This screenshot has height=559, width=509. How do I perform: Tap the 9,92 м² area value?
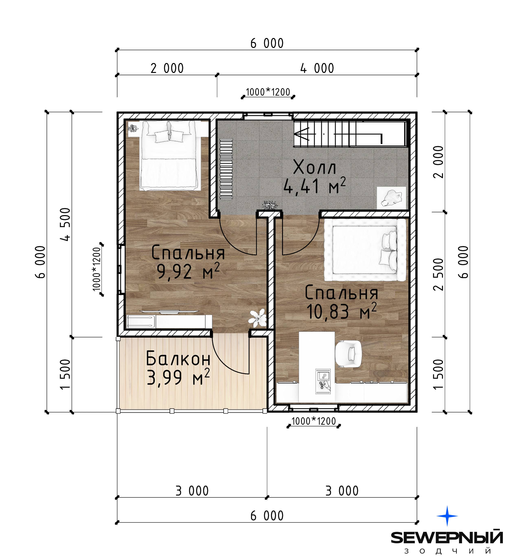click(x=188, y=271)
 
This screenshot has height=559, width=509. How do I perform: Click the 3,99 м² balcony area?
click(x=178, y=377)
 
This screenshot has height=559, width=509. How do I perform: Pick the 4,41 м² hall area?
click(x=315, y=186)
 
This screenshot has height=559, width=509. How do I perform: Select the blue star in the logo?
click(x=447, y=516)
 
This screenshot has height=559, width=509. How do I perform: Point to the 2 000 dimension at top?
click(x=167, y=68)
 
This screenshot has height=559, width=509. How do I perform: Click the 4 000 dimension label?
click(x=317, y=68)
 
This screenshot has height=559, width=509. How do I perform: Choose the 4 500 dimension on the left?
click(x=66, y=224)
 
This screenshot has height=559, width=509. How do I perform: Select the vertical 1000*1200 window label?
click(x=97, y=269)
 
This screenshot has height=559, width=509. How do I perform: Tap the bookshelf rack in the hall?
click(x=226, y=169)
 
